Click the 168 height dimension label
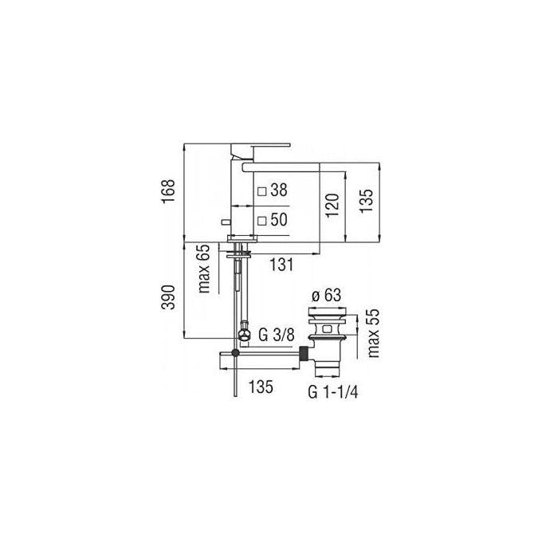pos(169,191)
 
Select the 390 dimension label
pos(169,297)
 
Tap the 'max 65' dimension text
pos(203,269)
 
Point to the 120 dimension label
pos(332,205)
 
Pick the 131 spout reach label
pos(281,265)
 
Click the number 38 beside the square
pos(279,190)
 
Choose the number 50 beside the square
pos(279,219)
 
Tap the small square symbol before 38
pos(262,191)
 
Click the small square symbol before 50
pos(262,221)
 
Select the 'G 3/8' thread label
pos(277,335)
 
